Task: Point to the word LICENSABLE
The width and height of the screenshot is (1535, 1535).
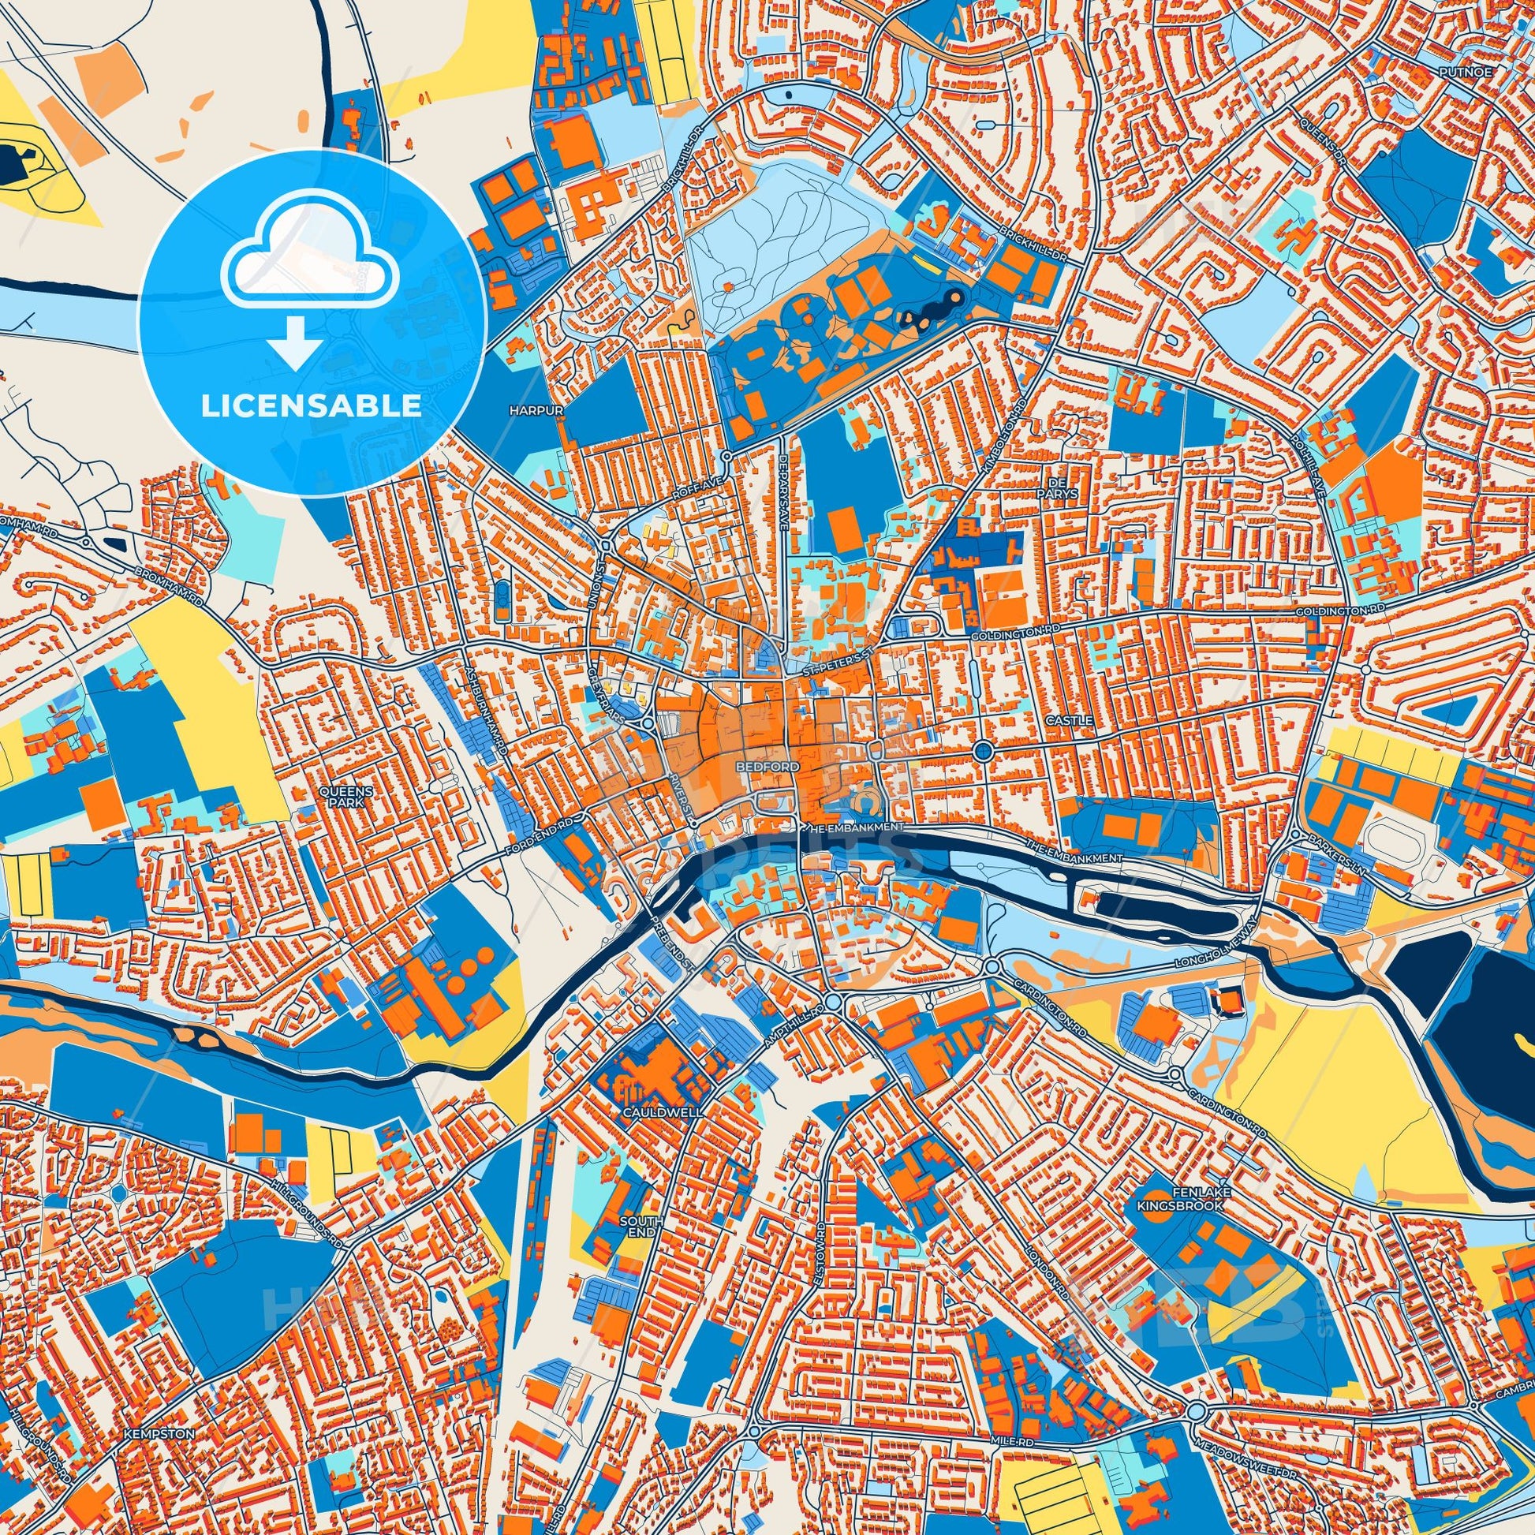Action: [x=312, y=406]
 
